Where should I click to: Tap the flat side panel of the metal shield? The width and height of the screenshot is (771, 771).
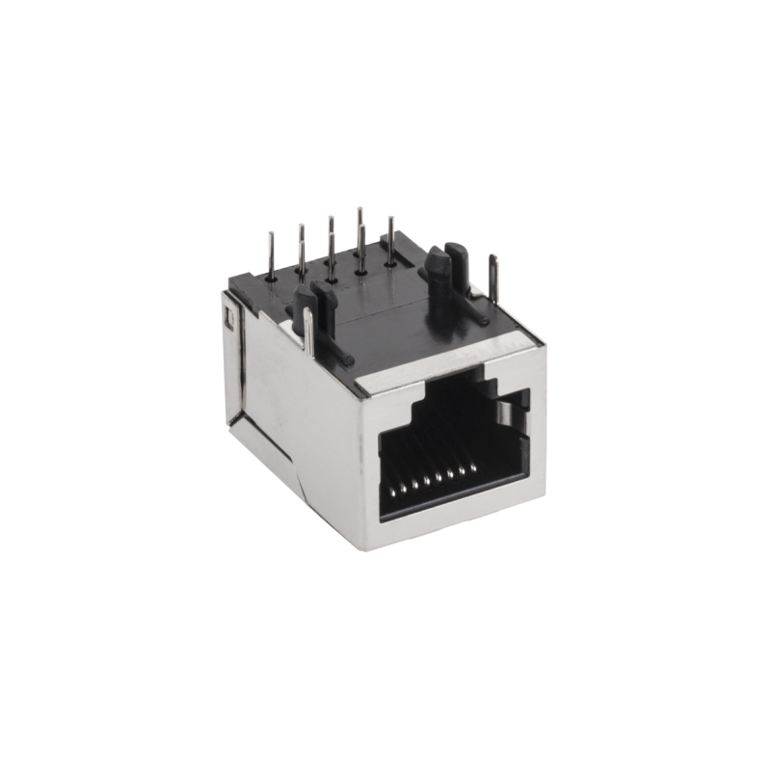tap(289, 414)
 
